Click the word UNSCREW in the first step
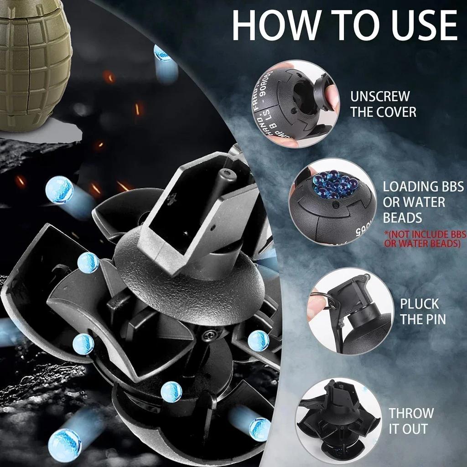380,97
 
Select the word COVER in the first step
396,112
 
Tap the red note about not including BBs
425,239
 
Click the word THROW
411,413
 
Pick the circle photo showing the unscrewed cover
296,104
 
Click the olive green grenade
34,64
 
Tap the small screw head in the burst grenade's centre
210,335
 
